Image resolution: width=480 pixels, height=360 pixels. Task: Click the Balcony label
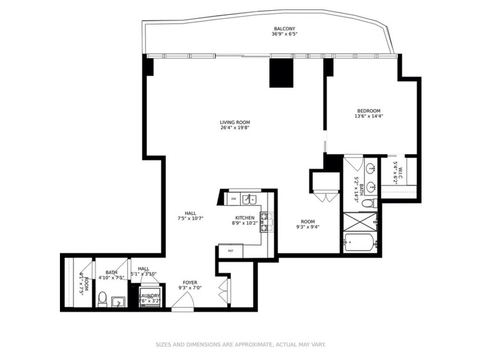[x=284, y=29]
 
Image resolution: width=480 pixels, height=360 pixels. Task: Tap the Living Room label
[x=235, y=122]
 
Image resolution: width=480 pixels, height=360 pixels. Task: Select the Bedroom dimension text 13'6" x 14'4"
[x=369, y=116]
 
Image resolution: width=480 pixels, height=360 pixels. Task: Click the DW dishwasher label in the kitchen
[x=233, y=199]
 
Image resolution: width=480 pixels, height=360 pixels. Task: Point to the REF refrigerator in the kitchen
[x=231, y=251]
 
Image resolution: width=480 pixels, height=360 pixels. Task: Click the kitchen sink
[x=249, y=199]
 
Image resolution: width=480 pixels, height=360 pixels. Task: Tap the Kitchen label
[x=245, y=218]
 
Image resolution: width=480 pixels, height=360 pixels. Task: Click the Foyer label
[x=190, y=282]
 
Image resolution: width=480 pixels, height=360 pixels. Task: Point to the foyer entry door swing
[x=181, y=303]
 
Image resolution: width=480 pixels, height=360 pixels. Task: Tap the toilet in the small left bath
[x=102, y=298]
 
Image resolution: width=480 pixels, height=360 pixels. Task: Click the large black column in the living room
[x=281, y=73]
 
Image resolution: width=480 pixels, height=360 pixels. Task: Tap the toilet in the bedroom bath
[x=368, y=202]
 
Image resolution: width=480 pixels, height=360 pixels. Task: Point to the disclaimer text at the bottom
[x=241, y=345]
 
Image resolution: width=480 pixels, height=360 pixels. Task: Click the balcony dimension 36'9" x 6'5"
[x=284, y=34]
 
